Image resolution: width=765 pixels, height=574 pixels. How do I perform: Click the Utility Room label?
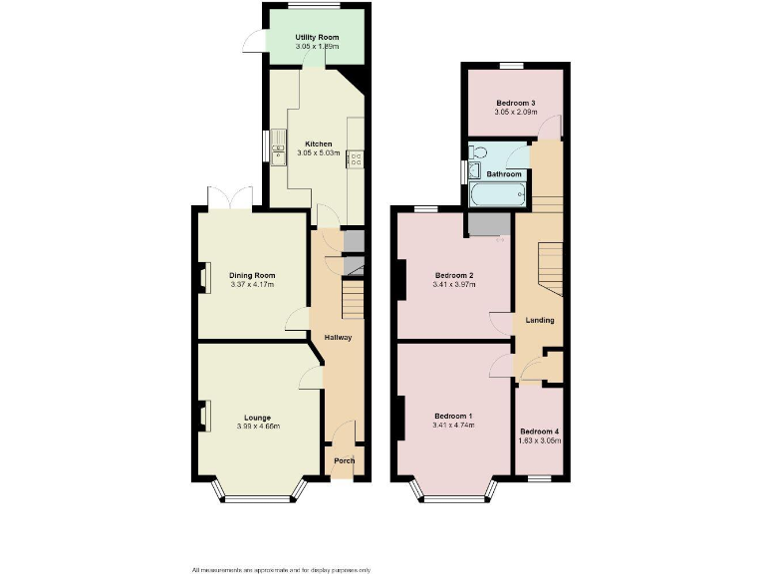coord(317,38)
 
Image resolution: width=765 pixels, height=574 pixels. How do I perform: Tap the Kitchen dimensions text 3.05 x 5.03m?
coord(319,152)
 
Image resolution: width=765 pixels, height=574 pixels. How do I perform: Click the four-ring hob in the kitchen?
coord(354,157)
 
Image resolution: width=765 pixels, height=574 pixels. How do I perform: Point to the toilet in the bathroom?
coord(480,152)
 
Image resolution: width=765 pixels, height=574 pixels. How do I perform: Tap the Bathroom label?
coord(504,174)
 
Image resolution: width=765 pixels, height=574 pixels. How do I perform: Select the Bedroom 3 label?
coord(516,103)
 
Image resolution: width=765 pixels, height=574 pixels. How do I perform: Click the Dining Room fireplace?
coord(202,276)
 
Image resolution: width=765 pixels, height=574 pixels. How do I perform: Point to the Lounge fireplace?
coord(202,414)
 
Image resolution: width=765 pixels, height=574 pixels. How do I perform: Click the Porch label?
coord(344,460)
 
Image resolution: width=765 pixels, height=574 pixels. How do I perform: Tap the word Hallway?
coord(338,337)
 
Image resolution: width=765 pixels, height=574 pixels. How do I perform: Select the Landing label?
coord(540,320)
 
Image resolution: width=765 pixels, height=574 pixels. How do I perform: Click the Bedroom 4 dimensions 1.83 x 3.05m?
coord(540,439)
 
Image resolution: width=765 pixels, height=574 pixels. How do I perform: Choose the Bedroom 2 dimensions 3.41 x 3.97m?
coord(454,284)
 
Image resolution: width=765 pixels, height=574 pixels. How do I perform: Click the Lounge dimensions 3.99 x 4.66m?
coord(258,427)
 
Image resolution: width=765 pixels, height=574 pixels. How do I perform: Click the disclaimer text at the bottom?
coord(282,569)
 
